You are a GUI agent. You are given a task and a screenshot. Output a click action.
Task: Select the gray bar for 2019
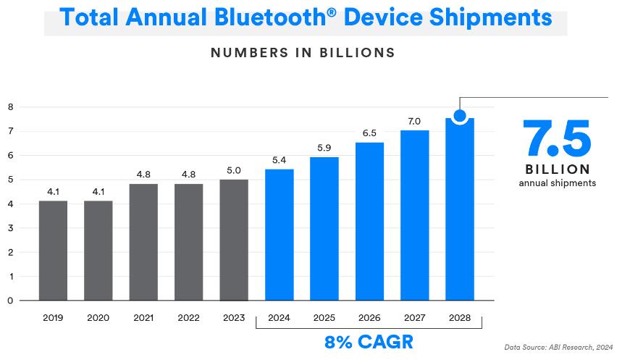53,250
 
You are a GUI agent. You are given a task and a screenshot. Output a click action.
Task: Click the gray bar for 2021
143,242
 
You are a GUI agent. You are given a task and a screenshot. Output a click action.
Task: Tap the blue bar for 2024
279,235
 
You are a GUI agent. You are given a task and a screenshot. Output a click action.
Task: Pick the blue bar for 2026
369,221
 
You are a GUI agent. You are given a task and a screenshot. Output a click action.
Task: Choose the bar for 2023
234,240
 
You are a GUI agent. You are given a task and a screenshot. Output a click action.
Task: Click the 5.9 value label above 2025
324,148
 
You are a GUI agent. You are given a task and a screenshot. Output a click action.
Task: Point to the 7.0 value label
414,121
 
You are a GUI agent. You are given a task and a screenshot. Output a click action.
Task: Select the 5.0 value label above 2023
234,170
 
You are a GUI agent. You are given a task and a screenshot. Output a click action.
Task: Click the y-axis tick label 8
10,107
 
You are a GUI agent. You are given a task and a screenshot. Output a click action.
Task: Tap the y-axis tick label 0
10,300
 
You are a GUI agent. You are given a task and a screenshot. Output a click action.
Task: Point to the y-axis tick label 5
10,180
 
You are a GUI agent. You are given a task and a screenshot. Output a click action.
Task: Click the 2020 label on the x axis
98,318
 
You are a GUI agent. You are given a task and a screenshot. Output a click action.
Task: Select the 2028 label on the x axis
460,318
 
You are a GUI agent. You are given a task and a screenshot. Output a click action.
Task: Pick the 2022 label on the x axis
188,318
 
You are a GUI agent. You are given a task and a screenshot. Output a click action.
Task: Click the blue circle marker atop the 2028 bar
459,115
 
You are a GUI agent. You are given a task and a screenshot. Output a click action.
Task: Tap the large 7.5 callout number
557,138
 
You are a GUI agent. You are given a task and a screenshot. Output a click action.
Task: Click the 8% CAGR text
369,342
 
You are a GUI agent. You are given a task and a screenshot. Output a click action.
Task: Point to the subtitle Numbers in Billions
303,53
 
